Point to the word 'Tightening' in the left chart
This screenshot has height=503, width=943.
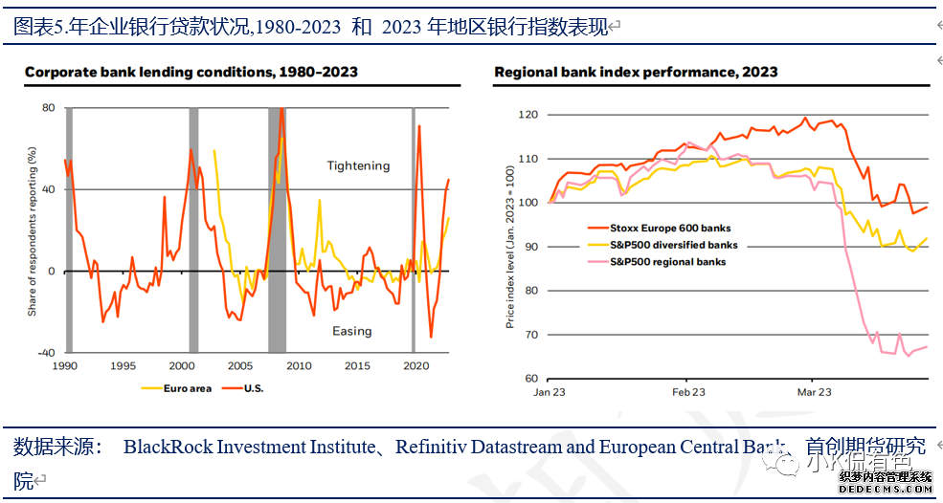pyautogui.click(x=359, y=165)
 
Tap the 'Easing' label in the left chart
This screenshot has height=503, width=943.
pyautogui.click(x=351, y=331)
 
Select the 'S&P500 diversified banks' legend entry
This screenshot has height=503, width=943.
pyautogui.click(x=674, y=245)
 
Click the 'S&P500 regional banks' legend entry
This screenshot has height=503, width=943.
pyautogui.click(x=668, y=261)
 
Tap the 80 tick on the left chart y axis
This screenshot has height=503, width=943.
pyautogui.click(x=48, y=107)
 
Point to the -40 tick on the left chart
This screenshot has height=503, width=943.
pyautogui.click(x=45, y=353)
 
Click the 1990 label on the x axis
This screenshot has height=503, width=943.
pyautogui.click(x=64, y=366)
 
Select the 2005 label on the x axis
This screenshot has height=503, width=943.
pyautogui.click(x=240, y=366)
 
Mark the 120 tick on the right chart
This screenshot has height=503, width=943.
pyautogui.click(x=528, y=115)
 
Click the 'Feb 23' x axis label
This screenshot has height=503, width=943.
pyautogui.click(x=688, y=392)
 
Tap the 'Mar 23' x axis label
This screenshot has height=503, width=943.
pyautogui.click(x=815, y=392)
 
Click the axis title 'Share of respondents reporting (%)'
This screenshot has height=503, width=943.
pyautogui.click(x=32, y=231)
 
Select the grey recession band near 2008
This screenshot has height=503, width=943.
pyautogui.click(x=277, y=230)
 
